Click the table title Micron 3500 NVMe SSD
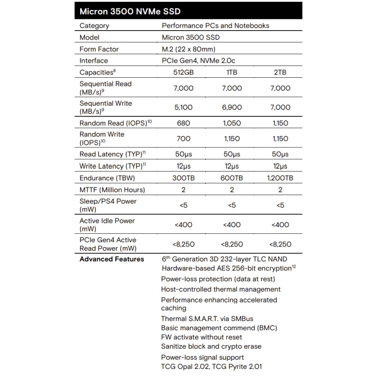click(x=130, y=11)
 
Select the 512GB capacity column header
click(x=183, y=72)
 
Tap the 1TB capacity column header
click(x=231, y=72)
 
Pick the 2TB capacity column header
click(x=279, y=72)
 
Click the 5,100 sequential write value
click(x=183, y=107)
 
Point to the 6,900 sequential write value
click(x=231, y=107)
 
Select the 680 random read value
click(x=183, y=123)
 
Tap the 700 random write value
click(x=183, y=139)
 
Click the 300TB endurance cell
click(x=183, y=178)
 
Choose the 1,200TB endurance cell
click(x=279, y=178)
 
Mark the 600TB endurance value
click(x=231, y=178)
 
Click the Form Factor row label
click(x=99, y=49)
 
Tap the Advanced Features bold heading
click(x=112, y=259)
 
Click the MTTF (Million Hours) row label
click(x=112, y=190)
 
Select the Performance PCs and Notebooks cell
click(x=215, y=26)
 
